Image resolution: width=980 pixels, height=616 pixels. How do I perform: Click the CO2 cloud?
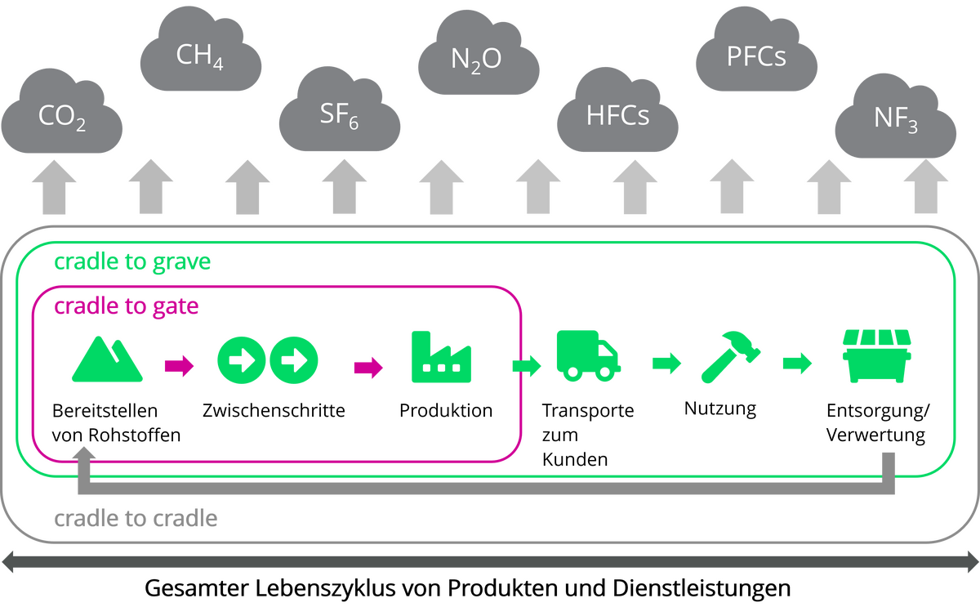(62, 114)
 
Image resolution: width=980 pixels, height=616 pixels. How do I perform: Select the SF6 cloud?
(339, 114)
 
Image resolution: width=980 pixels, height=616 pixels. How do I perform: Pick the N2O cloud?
(478, 57)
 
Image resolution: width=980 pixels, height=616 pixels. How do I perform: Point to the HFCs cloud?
(618, 114)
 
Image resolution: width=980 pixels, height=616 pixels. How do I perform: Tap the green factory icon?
(441, 357)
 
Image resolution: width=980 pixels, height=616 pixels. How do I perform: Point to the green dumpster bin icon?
(876, 356)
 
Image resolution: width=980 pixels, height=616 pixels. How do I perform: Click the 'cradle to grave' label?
(132, 263)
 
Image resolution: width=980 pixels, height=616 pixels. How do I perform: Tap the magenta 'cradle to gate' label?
(127, 307)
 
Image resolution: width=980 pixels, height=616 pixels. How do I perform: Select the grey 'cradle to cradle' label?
(136, 519)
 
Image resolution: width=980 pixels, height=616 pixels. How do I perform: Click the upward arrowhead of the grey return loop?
(85, 451)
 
